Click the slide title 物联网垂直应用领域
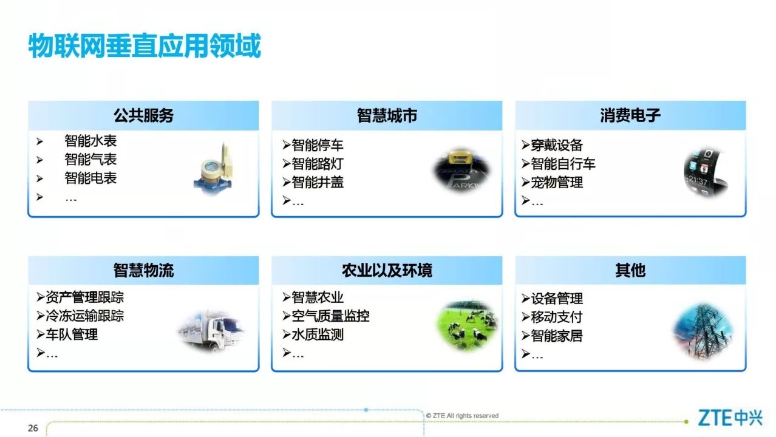tap(145, 46)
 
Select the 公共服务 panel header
tap(143, 115)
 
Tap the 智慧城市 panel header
tap(387, 115)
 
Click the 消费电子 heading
tap(630, 115)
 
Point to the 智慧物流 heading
tap(143, 270)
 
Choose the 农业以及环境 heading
tap(387, 270)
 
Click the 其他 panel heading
tap(630, 270)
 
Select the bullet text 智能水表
tap(90, 141)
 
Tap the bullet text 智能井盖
tap(318, 182)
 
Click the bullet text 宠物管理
tap(557, 182)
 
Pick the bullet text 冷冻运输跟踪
tap(84, 316)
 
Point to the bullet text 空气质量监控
tap(330, 316)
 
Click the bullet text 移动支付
tap(557, 317)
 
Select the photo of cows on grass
tap(466, 326)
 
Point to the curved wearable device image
tap(706, 172)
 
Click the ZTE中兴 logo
tap(730, 418)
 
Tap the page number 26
tap(33, 429)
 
